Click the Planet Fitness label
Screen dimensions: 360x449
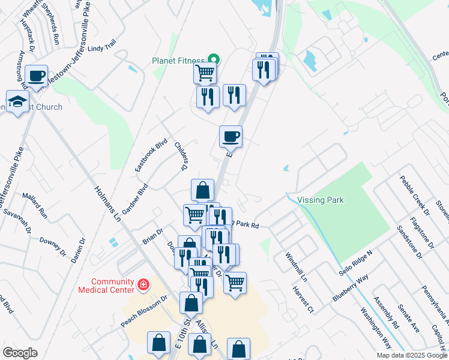178,60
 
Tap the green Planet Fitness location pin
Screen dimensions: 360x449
212,59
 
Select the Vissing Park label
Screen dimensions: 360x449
320,200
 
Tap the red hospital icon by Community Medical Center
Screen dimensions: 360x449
143,284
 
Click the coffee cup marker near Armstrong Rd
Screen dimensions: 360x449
37,76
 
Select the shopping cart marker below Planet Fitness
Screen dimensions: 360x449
205,73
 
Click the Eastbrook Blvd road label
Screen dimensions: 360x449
143,157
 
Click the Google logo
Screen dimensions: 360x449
20,353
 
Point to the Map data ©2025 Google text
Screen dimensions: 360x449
412,355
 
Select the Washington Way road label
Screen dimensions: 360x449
376,329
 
